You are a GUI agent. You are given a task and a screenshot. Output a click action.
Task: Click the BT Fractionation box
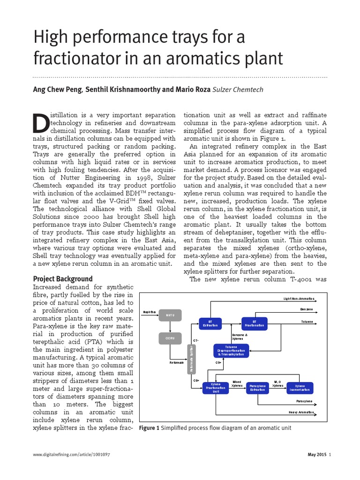tap(254, 323)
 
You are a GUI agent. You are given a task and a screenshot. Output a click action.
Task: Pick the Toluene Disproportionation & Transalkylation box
tap(231, 350)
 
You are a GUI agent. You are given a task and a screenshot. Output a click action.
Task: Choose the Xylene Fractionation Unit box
tap(216, 388)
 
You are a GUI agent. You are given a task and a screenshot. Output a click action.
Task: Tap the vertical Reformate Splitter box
tap(191, 359)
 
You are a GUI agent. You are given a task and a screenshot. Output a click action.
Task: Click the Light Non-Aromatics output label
tap(299, 299)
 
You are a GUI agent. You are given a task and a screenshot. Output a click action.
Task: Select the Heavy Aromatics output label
tap(301, 412)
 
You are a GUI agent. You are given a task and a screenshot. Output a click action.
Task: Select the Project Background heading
tap(63, 278)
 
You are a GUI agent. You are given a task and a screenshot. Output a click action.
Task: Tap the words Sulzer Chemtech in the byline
tap(239, 90)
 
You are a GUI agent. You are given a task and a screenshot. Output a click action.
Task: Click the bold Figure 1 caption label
tap(150, 427)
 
